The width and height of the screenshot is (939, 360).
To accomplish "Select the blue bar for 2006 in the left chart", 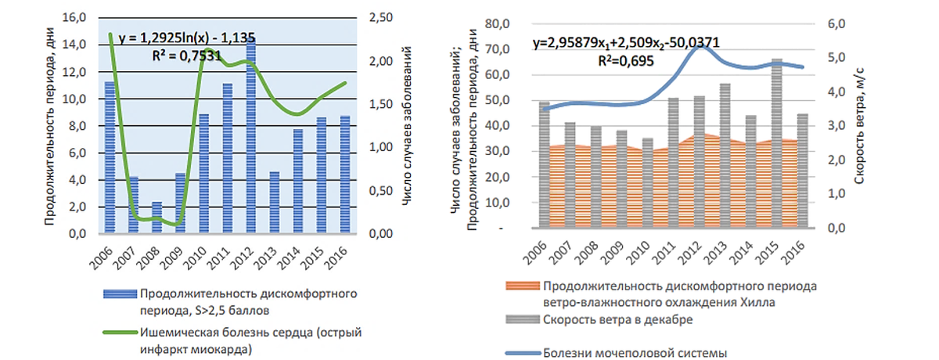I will tap(110, 157).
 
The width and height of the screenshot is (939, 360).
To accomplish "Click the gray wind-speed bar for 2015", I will tap(777, 141).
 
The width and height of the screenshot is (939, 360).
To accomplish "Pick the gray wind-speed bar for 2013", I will tap(725, 157).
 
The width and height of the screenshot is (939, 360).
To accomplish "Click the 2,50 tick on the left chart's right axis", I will tap(379, 18).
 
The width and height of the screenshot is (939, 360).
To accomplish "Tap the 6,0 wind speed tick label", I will tap(838, 23).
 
